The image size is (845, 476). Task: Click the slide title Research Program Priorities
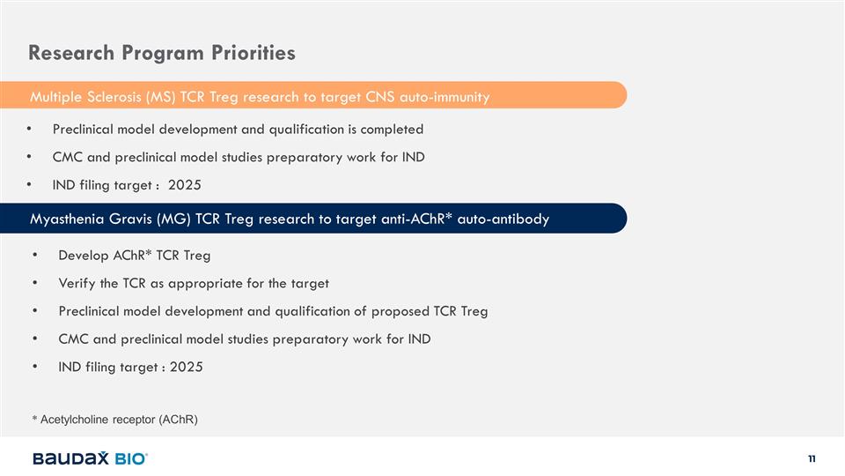[162, 53]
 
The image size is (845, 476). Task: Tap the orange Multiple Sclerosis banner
[313, 95]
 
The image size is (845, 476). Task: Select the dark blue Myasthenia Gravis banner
[313, 218]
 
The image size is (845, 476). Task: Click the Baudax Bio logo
[90, 458]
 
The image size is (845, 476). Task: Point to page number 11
[812, 458]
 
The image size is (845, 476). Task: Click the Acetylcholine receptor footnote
[114, 420]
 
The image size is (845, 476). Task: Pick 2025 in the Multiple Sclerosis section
[184, 185]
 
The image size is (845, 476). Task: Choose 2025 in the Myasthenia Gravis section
[187, 367]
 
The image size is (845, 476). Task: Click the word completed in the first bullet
[392, 130]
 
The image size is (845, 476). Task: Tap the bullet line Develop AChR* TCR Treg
[134, 256]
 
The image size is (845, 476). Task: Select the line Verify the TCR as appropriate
[194, 283]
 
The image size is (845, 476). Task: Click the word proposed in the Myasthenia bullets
[400, 311]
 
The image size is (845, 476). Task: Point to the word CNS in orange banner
[380, 97]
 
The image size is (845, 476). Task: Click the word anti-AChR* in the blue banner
[416, 219]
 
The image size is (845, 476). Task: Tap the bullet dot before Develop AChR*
[35, 255]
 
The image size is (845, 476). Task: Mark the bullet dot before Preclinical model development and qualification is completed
[29, 129]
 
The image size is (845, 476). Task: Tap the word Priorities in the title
[253, 53]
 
